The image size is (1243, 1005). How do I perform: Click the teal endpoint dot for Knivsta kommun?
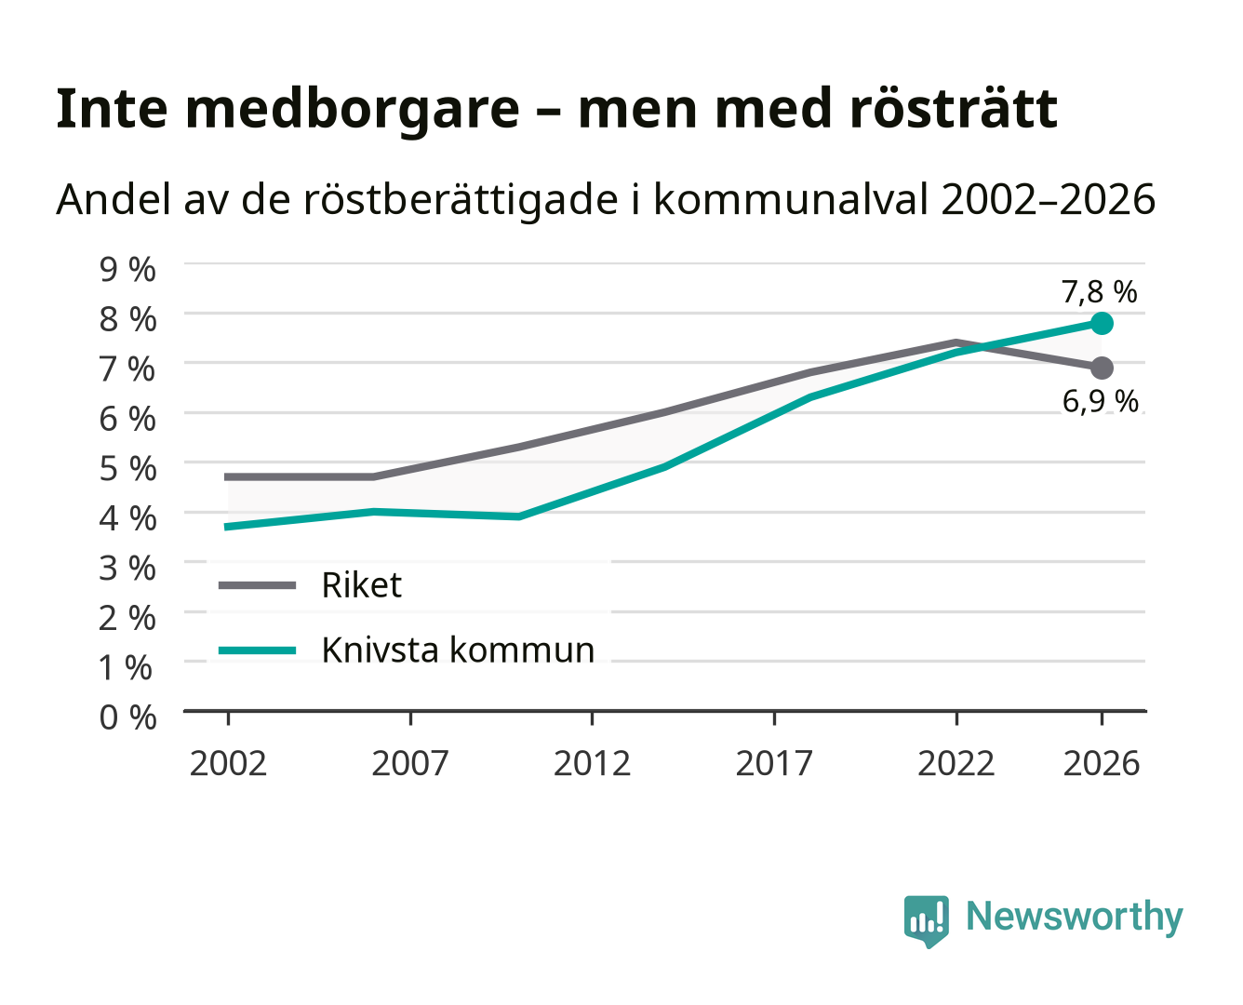tap(1102, 323)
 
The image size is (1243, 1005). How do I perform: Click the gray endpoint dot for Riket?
tap(1102, 368)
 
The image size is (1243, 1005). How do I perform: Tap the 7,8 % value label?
tap(1099, 291)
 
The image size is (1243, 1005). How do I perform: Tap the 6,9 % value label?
tap(1100, 401)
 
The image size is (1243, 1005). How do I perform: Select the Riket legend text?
tap(361, 584)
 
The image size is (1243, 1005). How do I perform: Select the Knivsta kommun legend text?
tap(458, 650)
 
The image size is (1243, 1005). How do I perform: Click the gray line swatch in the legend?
tap(258, 585)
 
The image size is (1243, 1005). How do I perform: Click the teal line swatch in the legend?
tap(258, 650)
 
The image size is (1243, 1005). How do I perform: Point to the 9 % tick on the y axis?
tap(127, 269)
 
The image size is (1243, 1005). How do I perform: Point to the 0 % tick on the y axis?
tap(127, 717)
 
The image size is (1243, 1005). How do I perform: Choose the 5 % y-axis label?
tap(127, 468)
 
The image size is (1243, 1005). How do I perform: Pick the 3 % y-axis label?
tap(127, 568)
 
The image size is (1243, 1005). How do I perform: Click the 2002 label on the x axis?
tap(228, 763)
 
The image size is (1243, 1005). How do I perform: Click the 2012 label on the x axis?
tap(593, 763)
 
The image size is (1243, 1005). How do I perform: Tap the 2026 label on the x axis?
tap(1102, 763)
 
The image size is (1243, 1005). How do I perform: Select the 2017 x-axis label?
tap(774, 763)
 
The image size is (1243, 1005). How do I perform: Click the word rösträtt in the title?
tap(953, 109)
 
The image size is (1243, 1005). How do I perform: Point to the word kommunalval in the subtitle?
tap(790, 199)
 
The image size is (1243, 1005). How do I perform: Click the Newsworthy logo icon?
tap(926, 921)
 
